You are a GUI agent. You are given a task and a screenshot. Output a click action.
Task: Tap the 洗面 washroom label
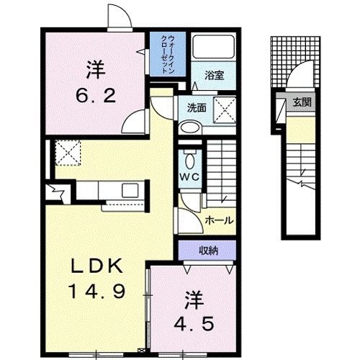[x=197, y=109]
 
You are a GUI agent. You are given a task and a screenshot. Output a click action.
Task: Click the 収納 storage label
[x=210, y=251]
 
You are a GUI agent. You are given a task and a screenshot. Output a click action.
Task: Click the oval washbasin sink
[x=190, y=127]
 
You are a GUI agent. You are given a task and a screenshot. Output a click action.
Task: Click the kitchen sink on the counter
[x=130, y=190]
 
